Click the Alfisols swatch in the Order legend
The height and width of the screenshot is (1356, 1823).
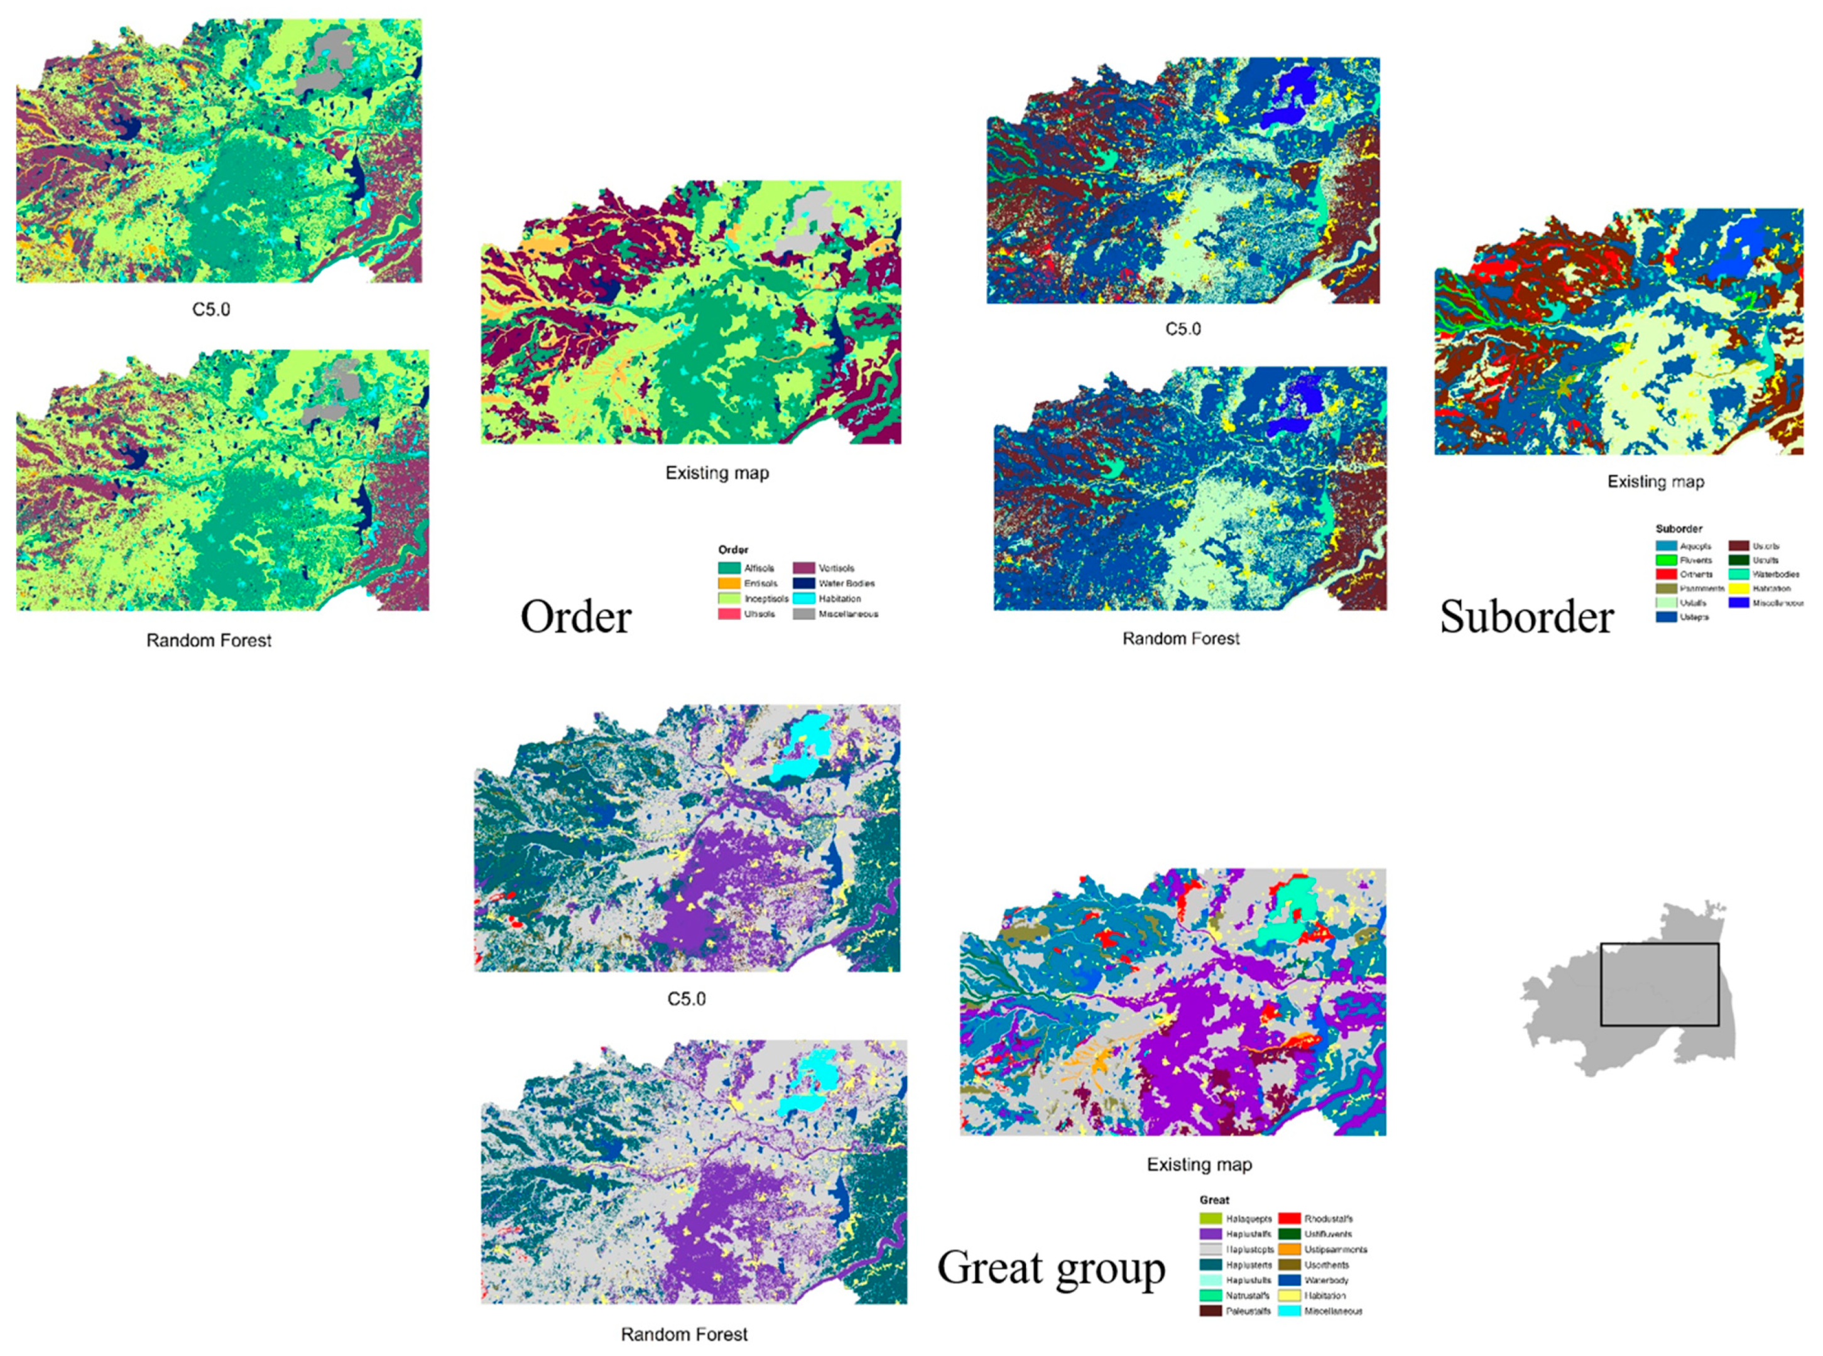729,568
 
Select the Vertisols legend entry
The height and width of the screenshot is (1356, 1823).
803,568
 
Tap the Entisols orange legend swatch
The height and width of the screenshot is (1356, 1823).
729,583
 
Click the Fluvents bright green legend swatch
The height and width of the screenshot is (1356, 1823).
1665,560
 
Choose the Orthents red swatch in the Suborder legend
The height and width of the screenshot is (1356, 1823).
1665,575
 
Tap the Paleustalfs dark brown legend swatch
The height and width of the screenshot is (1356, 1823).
1211,1311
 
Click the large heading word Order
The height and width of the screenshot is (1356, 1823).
575,617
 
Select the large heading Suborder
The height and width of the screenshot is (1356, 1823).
1526,617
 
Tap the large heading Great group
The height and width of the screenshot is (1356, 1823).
1050,1268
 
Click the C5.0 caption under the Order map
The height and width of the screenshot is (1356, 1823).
211,310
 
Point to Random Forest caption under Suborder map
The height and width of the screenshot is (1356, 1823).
1180,639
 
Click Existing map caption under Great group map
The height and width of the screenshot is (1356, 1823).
1199,1164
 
